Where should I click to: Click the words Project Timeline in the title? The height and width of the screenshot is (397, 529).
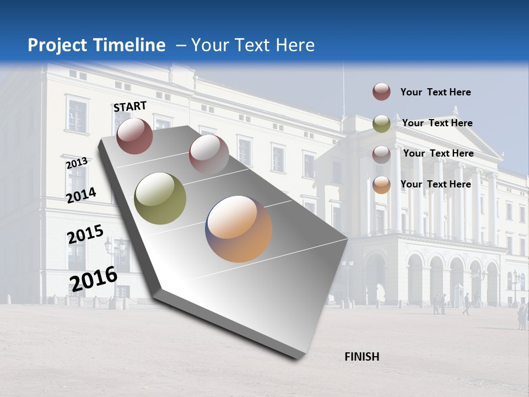[x=96, y=45]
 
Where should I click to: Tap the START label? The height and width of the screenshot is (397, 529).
[x=130, y=106]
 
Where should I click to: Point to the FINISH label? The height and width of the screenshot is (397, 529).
[x=361, y=357]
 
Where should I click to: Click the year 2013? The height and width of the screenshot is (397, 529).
[x=77, y=163]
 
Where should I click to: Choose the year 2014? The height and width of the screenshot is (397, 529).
[x=81, y=195]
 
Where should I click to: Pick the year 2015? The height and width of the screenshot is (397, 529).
[x=85, y=235]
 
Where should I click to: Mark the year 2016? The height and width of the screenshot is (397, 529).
[x=94, y=279]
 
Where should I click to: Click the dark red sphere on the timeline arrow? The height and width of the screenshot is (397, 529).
[x=134, y=136]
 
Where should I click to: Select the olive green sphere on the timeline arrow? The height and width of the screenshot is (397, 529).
[x=160, y=198]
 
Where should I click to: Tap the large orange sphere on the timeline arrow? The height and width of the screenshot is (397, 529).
[x=239, y=228]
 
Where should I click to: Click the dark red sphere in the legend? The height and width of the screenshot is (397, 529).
[x=381, y=92]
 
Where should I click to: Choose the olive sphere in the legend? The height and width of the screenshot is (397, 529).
[x=381, y=124]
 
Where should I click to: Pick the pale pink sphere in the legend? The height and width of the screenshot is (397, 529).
[x=381, y=154]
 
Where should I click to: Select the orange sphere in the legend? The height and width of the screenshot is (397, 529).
[x=381, y=185]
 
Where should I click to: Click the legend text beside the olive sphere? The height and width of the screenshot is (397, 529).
[x=437, y=123]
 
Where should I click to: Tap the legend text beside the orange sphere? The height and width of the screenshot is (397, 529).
[x=435, y=184]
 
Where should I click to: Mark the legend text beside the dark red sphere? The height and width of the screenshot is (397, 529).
[x=435, y=92]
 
